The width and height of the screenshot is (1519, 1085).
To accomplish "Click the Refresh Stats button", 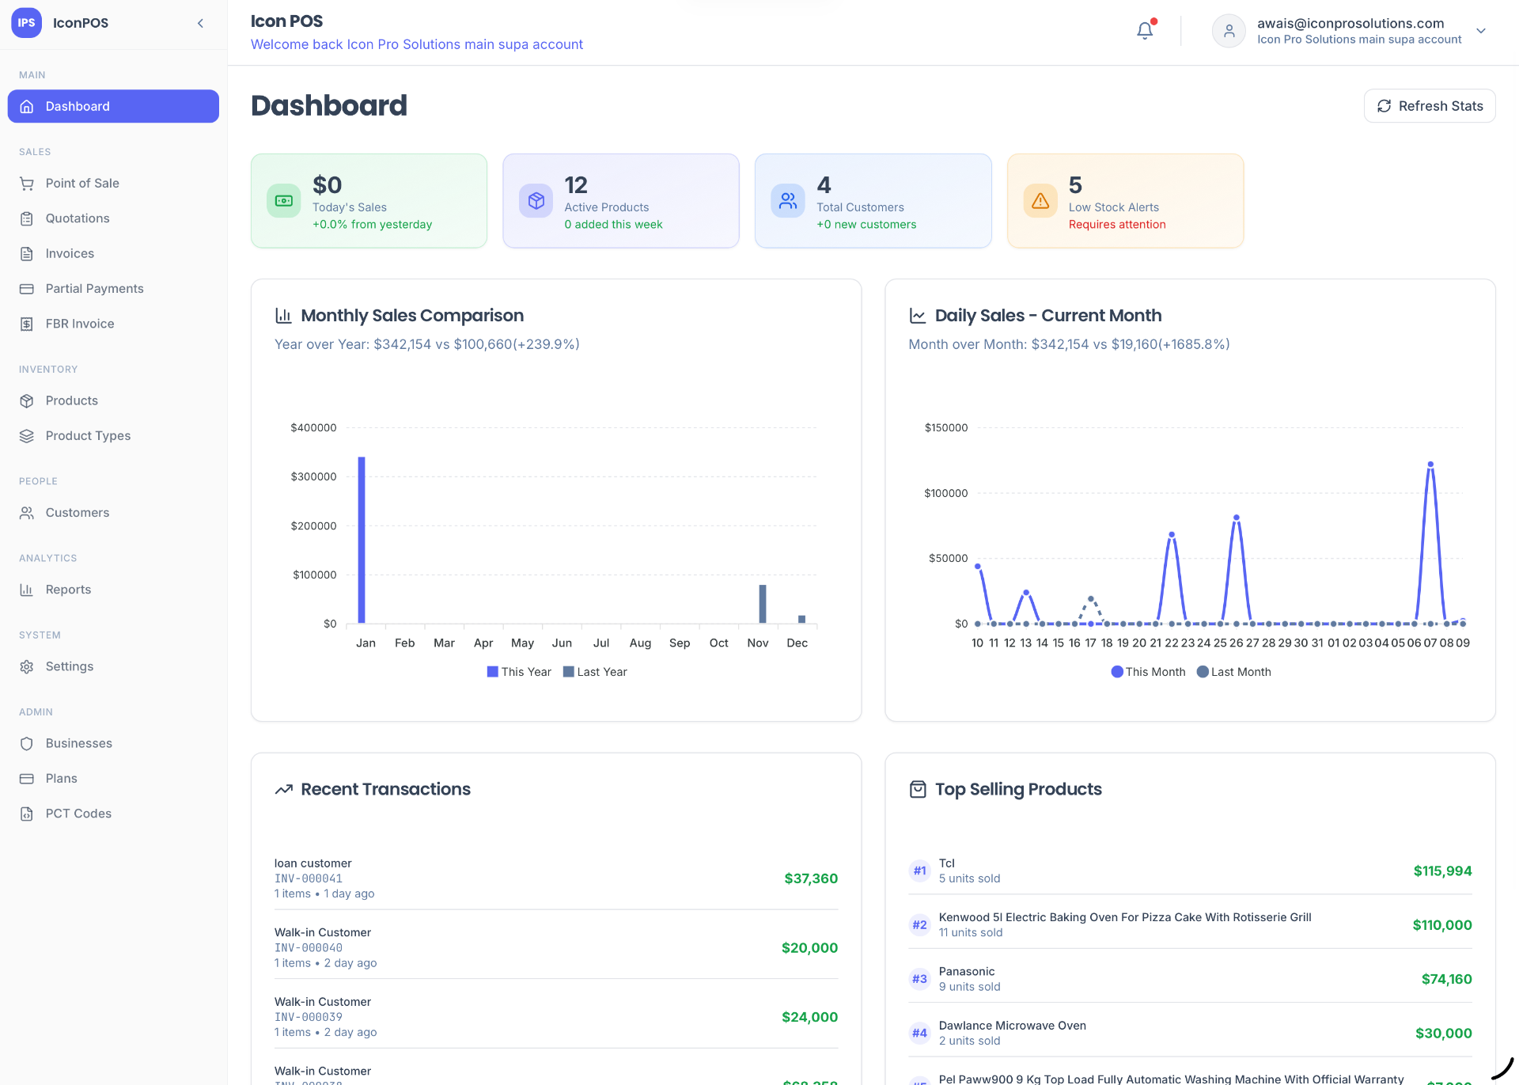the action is [1430, 106].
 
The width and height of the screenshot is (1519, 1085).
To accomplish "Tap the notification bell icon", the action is [1145, 30].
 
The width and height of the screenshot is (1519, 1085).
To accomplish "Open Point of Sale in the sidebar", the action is [82, 184].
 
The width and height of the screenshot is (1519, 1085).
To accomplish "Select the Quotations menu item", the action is [78, 218].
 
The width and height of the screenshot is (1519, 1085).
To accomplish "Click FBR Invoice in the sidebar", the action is [80, 324].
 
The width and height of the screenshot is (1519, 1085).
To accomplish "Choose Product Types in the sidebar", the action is [88, 436].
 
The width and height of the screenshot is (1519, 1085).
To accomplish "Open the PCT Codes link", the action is [78, 814].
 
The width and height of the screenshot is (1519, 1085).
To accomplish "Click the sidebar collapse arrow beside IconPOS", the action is [201, 23].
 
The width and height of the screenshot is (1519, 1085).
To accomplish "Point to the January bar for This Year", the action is [362, 540].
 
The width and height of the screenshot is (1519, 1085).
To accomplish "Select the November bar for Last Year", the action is [763, 604].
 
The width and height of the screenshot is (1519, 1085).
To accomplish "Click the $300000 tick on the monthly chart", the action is [313, 476].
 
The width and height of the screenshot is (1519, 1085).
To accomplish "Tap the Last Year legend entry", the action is [595, 672].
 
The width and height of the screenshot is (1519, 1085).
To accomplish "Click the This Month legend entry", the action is [1148, 672].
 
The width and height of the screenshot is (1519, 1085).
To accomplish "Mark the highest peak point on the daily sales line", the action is [1430, 465].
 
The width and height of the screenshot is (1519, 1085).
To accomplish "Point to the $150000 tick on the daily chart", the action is [946, 427].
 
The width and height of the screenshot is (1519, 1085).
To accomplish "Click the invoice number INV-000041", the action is [309, 878].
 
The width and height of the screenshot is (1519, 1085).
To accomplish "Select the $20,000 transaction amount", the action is [809, 948].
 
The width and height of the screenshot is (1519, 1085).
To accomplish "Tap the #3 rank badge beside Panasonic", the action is [919, 979].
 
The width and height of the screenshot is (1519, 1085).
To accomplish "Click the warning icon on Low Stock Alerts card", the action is [1040, 201].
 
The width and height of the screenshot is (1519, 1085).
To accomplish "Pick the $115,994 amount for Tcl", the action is [1442, 871].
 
